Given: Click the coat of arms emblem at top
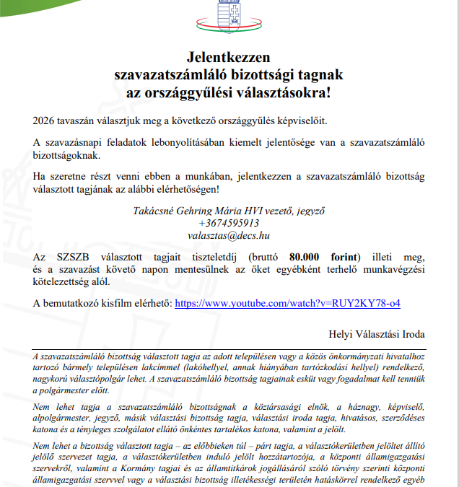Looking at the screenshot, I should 229,12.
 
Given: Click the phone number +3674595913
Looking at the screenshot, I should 229,223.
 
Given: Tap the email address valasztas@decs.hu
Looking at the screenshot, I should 229,235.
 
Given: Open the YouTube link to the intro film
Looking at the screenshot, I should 287,304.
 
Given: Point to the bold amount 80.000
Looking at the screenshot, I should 307,256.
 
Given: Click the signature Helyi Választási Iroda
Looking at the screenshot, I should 377,335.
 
